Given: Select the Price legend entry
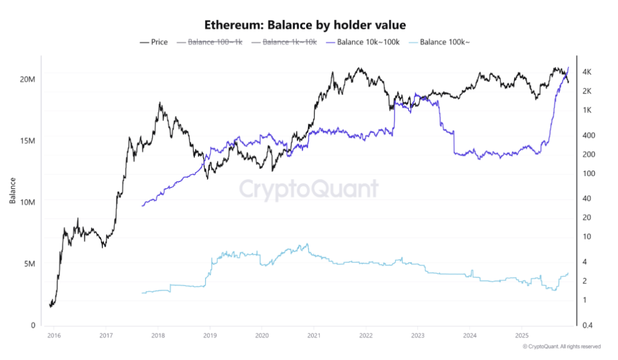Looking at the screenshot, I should (x=154, y=42).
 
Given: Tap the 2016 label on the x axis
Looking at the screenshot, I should (x=54, y=336).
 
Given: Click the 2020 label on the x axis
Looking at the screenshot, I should (x=261, y=336).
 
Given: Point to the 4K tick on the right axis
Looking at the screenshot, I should (x=587, y=72).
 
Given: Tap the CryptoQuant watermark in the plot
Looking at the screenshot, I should (x=309, y=189).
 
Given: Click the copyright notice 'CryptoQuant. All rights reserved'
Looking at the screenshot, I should (x=561, y=347).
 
